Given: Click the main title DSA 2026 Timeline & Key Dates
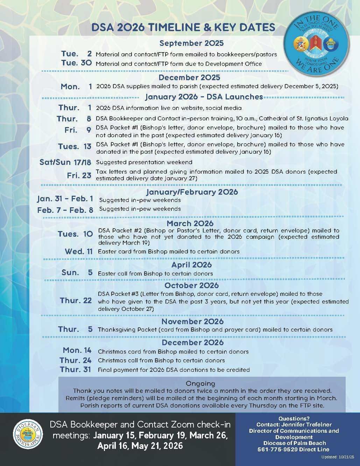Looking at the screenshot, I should click(183, 28).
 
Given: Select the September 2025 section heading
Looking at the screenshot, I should click(191, 43).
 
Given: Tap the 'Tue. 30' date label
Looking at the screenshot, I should click(76, 63).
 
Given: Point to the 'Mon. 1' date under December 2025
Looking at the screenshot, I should click(76, 86).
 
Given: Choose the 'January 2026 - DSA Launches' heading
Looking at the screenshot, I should click(204, 97).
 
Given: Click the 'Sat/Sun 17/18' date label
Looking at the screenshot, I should click(65, 162).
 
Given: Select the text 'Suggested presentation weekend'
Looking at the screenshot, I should click(144, 162).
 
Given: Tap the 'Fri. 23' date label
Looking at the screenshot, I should click(79, 175).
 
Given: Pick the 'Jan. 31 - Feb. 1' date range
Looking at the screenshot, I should click(65, 199).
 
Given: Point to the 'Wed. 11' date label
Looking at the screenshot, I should click(79, 251).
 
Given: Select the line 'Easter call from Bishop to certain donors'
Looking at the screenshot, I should click(155, 273).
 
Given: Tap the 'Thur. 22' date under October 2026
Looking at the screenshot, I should click(76, 300).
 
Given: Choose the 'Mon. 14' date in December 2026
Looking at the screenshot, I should click(77, 350).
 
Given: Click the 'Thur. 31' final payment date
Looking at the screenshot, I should click(75, 369).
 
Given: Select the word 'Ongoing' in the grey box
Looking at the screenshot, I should click(200, 383).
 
